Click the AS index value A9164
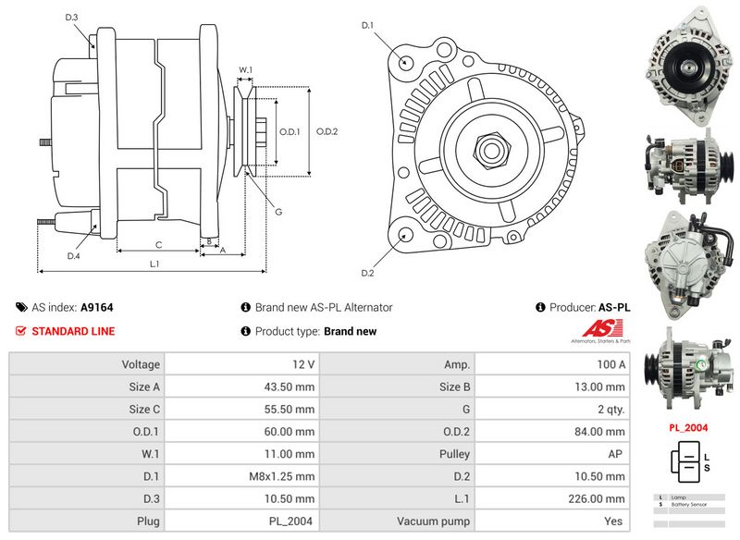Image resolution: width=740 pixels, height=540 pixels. click(x=97, y=307)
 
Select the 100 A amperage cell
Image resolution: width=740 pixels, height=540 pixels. click(x=610, y=365)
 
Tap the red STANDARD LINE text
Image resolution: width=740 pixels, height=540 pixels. click(x=73, y=331)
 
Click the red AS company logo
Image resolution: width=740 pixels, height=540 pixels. click(x=604, y=330)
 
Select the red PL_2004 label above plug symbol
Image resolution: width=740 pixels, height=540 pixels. click(x=688, y=428)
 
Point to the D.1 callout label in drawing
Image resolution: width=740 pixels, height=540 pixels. click(x=367, y=25)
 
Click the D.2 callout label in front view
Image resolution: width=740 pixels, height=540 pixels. click(x=367, y=273)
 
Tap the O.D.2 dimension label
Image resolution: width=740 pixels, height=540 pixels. click(x=327, y=131)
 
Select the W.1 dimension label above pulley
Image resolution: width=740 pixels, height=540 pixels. click(x=245, y=70)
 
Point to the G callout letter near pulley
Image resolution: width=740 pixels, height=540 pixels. click(x=278, y=212)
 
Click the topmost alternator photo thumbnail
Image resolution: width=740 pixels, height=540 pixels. click(x=685, y=65)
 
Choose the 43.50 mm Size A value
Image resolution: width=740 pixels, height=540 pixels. click(x=293, y=387)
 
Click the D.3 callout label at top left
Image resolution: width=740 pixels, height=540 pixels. click(x=72, y=18)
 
